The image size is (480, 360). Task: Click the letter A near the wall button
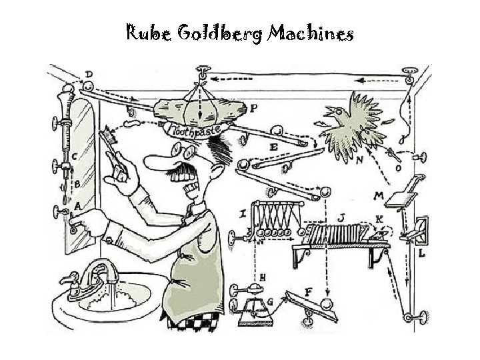click(x=77, y=206)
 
